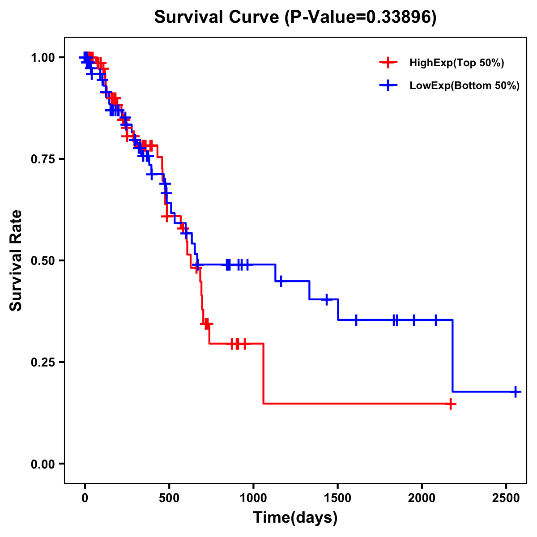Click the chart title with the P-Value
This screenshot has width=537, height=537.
[x=295, y=17]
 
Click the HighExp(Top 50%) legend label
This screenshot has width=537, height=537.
[x=457, y=63]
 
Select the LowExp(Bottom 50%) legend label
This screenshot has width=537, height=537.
[x=465, y=86]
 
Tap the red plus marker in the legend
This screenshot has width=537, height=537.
[x=388, y=63]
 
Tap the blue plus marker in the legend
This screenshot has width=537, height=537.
[x=388, y=85]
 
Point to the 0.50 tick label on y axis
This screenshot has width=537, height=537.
[x=43, y=260]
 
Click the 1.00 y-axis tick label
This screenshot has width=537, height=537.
[x=43, y=57]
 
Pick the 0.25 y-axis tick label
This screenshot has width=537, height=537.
[x=43, y=362]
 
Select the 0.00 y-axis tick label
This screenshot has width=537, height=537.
[x=43, y=464]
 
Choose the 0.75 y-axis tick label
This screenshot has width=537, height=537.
[x=43, y=159]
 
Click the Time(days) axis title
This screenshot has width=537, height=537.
[x=295, y=518]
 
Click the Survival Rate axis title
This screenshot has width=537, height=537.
[x=16, y=260]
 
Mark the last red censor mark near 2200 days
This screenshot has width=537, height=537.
[x=451, y=404]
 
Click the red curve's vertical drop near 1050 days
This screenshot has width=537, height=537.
[x=263, y=374]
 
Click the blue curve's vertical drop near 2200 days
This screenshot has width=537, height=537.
[x=453, y=356]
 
